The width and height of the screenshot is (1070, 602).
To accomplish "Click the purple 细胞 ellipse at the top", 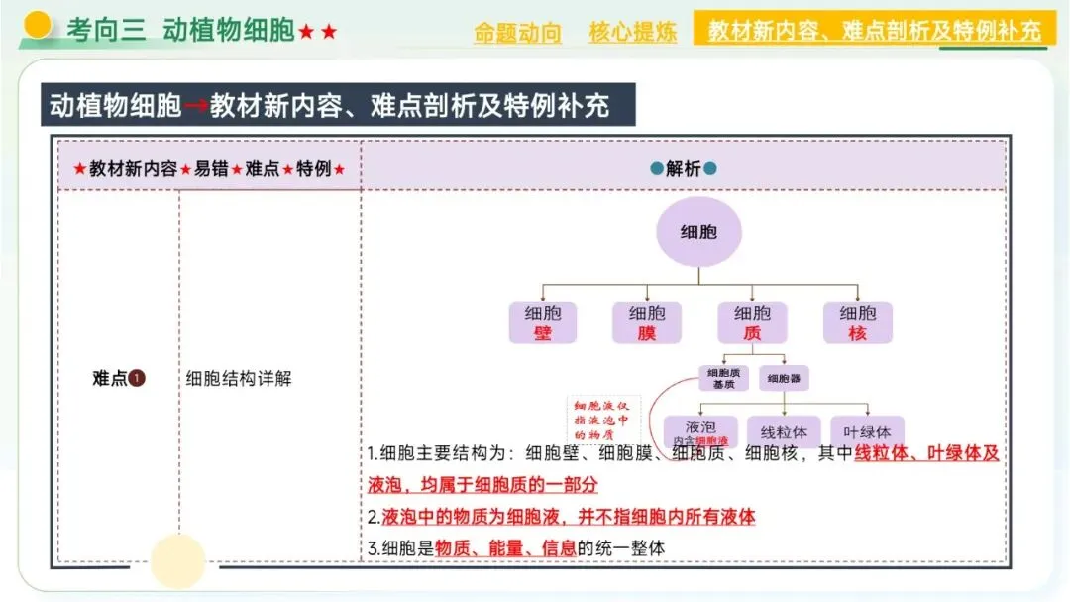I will coord(698,233).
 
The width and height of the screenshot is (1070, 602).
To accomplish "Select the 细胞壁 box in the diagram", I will coord(542,323).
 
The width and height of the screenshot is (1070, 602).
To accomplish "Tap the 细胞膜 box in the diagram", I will coord(646,323).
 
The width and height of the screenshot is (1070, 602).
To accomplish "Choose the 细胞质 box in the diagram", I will coord(752,323).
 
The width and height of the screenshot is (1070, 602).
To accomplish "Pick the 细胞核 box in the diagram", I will coord(857,323).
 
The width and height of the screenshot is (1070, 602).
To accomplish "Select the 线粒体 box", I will coord(784,431).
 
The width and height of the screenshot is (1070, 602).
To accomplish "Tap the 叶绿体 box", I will coord(867,431).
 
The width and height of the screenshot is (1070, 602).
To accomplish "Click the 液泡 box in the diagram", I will coord(699,431).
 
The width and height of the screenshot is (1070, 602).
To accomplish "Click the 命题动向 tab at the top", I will coord(517,33).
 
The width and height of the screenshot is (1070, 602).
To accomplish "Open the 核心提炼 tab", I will coord(632,33).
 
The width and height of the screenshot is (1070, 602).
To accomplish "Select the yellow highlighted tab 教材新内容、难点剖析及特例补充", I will coord(875,30).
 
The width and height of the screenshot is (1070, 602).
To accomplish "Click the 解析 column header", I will coord(683,168).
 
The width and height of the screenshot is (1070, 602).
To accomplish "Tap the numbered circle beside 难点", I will coord(137,378).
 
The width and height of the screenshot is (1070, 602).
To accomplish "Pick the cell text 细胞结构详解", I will coord(239,378).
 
